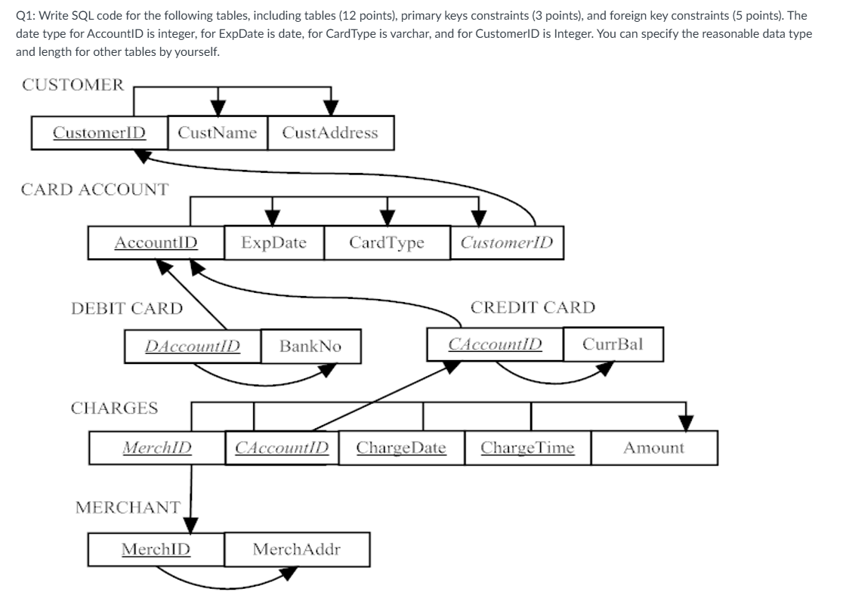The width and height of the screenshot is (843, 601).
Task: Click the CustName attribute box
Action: (x=218, y=133)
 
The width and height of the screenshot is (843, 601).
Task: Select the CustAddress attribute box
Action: (x=330, y=133)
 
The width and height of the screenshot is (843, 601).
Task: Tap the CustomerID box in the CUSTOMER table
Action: (x=100, y=133)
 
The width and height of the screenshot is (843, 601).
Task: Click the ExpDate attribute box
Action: (x=274, y=243)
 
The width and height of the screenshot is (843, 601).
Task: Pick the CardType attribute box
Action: (x=387, y=243)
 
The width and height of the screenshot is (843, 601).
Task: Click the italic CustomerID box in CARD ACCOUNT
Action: (x=506, y=243)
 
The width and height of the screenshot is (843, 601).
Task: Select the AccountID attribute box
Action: (x=156, y=243)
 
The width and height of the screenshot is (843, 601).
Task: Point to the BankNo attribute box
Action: (x=310, y=347)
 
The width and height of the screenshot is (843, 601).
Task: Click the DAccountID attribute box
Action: (x=193, y=347)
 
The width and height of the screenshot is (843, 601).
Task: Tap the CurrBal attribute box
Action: (x=613, y=344)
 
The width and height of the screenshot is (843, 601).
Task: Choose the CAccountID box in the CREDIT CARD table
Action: (x=496, y=344)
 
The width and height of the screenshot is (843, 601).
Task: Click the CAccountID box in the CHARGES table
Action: (x=282, y=448)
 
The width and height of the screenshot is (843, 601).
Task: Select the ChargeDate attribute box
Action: (x=401, y=448)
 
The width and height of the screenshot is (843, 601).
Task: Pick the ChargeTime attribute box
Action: (x=527, y=448)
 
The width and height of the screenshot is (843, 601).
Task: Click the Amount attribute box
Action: (x=654, y=448)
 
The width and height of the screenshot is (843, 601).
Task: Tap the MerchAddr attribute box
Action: (x=296, y=549)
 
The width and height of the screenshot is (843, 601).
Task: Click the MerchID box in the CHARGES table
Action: (x=157, y=448)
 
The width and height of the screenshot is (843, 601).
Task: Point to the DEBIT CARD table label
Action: (x=127, y=308)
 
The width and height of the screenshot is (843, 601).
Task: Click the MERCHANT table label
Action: (x=128, y=507)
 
